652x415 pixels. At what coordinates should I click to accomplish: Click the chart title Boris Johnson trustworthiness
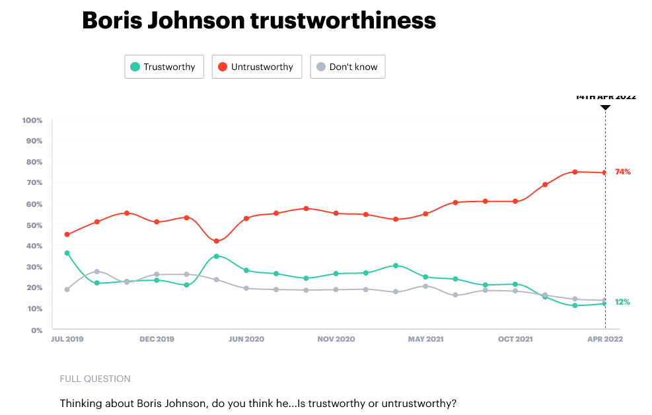258,20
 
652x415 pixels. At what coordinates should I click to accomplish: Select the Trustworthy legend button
164,67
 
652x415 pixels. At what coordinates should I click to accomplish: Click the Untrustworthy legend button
257,67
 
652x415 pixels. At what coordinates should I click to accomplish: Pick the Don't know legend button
347,67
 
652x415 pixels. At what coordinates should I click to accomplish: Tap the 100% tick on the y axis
32,120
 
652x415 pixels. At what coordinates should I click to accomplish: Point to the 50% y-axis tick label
34,225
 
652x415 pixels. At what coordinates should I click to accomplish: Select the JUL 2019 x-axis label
67,339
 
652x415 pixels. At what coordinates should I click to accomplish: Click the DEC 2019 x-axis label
157,339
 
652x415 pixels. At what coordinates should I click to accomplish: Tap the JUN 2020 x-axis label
246,339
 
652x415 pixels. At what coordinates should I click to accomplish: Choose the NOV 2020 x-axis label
336,339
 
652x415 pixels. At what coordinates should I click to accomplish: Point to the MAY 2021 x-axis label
425,339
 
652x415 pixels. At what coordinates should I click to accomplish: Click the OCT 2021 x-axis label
515,339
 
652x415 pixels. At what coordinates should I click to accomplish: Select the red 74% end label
622,172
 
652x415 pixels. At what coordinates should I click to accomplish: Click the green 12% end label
622,302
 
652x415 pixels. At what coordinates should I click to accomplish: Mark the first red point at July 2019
67,235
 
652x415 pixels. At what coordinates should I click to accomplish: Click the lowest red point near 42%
216,241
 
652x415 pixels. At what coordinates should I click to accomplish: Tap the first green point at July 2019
67,253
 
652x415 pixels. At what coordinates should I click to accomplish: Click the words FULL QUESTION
95,379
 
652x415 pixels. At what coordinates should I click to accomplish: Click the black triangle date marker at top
605,106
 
